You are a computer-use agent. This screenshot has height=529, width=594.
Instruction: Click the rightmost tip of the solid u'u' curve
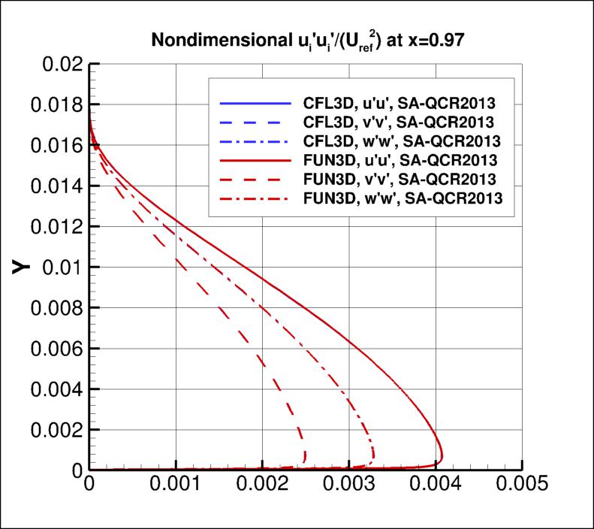tap(442, 456)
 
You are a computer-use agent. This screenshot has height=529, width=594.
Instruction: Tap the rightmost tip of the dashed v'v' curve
tap(305, 455)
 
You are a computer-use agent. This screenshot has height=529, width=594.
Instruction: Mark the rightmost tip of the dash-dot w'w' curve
tap(374, 454)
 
